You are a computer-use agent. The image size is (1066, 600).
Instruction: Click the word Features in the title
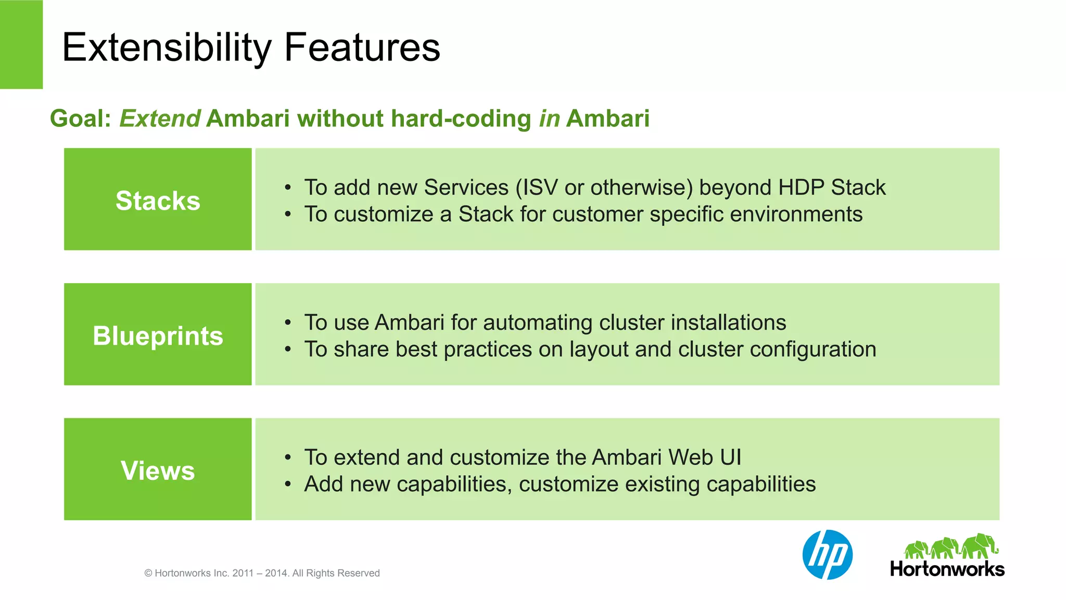(x=362, y=48)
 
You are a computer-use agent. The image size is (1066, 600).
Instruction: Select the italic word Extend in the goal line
(x=160, y=119)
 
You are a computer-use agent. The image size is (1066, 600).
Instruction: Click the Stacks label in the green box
(x=158, y=201)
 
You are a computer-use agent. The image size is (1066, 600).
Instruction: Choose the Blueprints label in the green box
(x=158, y=336)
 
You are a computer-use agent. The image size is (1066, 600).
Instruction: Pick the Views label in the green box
(x=158, y=470)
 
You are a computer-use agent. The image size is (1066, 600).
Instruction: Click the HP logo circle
(x=828, y=555)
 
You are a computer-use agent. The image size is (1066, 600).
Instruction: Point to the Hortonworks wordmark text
(x=947, y=569)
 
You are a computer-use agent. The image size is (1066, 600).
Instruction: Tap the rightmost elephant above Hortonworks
(x=980, y=546)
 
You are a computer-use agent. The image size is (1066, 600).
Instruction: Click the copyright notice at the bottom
(x=262, y=573)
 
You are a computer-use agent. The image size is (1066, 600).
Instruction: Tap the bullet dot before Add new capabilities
(x=287, y=484)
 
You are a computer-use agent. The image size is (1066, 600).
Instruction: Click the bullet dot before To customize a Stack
(x=287, y=214)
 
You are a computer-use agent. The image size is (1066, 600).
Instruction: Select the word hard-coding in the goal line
(x=461, y=119)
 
